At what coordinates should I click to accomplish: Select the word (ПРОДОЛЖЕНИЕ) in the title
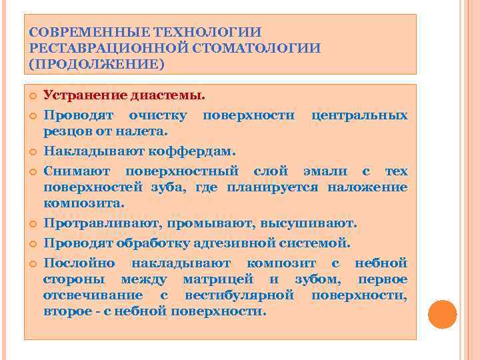click(x=96, y=65)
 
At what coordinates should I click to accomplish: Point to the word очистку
click(x=159, y=115)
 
